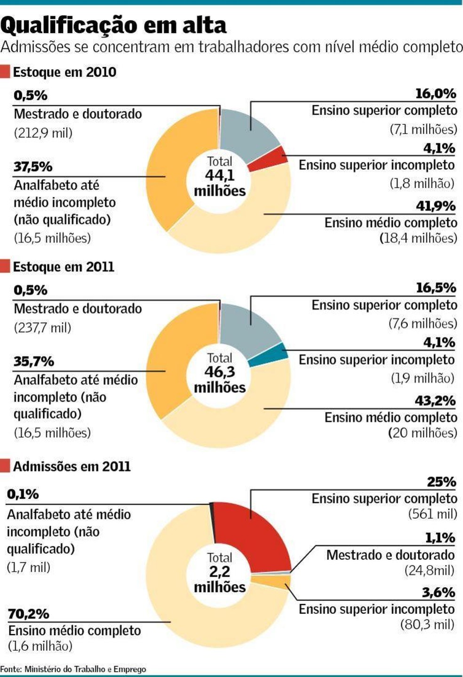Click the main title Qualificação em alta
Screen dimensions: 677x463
pos(113,25)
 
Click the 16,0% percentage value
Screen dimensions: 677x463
pos(435,94)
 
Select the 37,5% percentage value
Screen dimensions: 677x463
pos(33,167)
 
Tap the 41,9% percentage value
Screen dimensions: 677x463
pos(435,206)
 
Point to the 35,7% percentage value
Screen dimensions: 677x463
pos(33,361)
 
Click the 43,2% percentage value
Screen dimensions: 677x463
pos(435,401)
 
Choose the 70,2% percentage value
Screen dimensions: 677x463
pos(28,613)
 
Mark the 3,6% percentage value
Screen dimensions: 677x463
pos(438,592)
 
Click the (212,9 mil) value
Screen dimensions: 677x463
pos(43,133)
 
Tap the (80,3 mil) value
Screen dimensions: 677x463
pos(427,625)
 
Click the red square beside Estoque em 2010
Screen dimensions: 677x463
pos(5,72)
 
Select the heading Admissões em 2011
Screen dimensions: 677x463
pos(72,466)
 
